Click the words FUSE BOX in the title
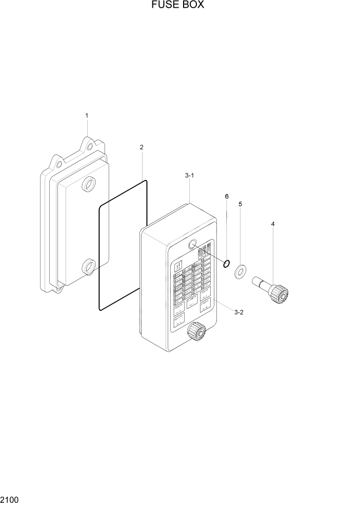[x=177, y=6]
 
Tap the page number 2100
[x=10, y=499]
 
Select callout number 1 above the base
[x=87, y=116]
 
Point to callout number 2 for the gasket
[x=142, y=147]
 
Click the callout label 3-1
[x=189, y=175]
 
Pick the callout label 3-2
[x=238, y=312]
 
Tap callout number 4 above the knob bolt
[x=273, y=224]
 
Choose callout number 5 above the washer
[x=240, y=204]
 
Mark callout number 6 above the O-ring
[x=226, y=196]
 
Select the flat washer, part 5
[x=240, y=272]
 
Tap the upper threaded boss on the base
[x=89, y=184]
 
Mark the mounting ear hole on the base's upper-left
[x=59, y=165]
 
